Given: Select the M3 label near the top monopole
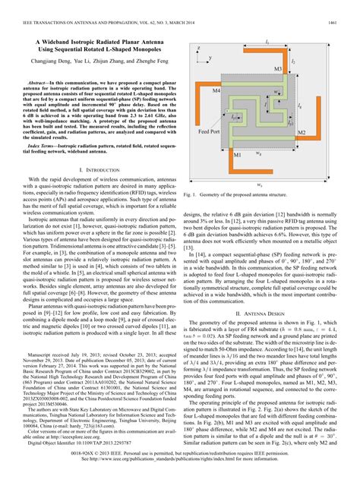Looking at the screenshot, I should (x=271, y=66).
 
